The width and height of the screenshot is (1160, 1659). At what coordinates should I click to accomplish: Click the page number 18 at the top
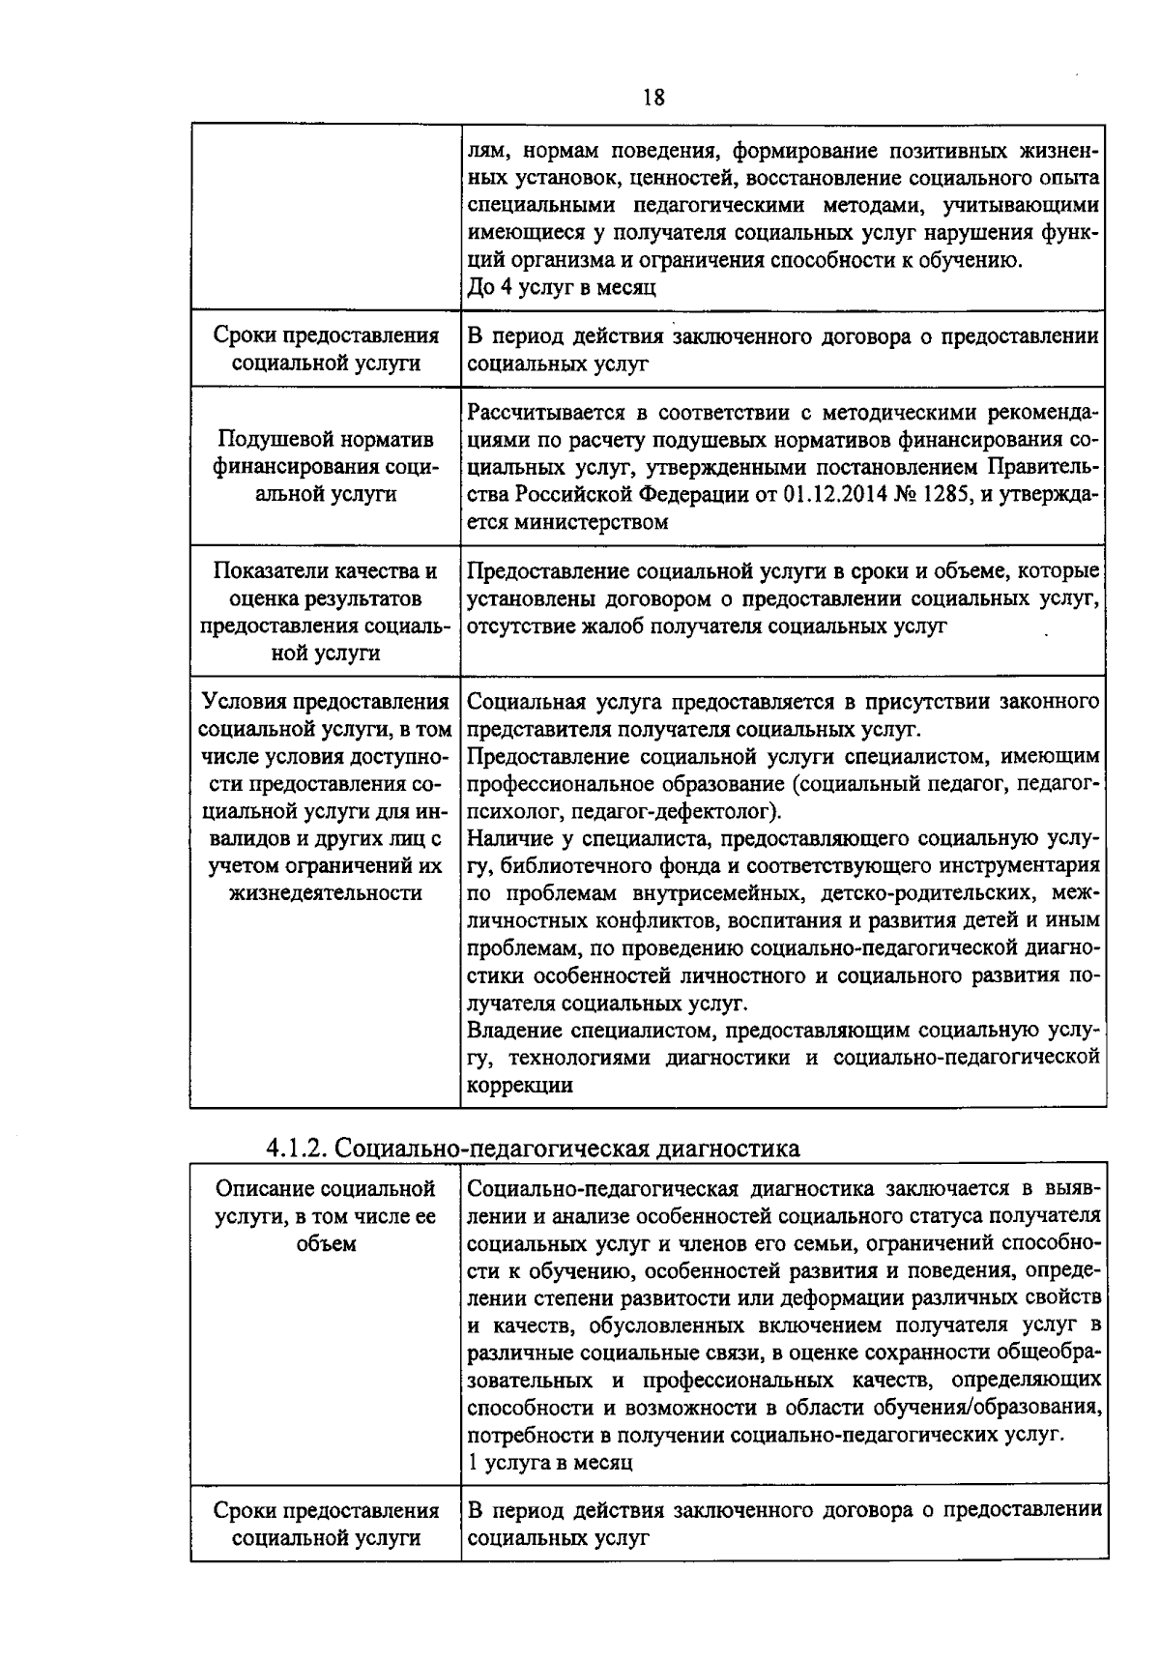point(652,98)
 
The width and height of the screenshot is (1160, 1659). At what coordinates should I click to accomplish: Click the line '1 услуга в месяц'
point(549,1462)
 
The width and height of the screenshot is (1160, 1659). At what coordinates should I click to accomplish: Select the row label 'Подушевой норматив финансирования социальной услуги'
point(325,466)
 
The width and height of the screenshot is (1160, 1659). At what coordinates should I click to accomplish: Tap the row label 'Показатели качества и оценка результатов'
point(325,585)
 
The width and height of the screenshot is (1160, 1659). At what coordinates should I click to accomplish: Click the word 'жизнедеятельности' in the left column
point(326,892)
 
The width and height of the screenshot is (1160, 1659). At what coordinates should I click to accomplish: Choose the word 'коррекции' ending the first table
point(520,1085)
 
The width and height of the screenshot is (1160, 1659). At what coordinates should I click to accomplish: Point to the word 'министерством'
point(591,522)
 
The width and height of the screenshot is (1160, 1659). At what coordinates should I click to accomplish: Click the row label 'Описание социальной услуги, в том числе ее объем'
point(325,1215)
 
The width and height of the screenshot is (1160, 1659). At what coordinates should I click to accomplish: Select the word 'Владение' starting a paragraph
point(511,1030)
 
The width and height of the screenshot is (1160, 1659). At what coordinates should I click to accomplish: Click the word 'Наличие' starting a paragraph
point(507,837)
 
